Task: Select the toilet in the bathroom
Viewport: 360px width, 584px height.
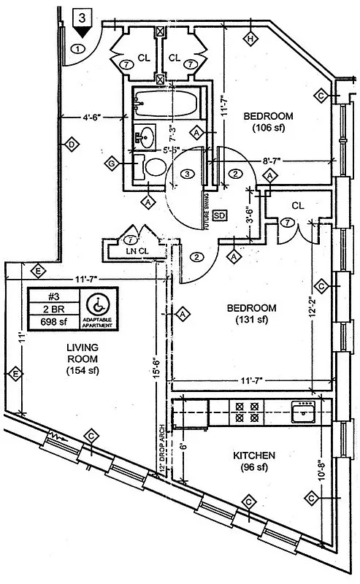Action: pos(153,167)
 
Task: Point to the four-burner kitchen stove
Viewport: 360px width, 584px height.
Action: pos(246,412)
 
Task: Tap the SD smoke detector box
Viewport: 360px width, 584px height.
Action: pos(218,215)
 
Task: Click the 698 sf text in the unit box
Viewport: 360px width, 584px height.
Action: pos(53,320)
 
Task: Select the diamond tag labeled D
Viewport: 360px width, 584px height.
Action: pos(71,145)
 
